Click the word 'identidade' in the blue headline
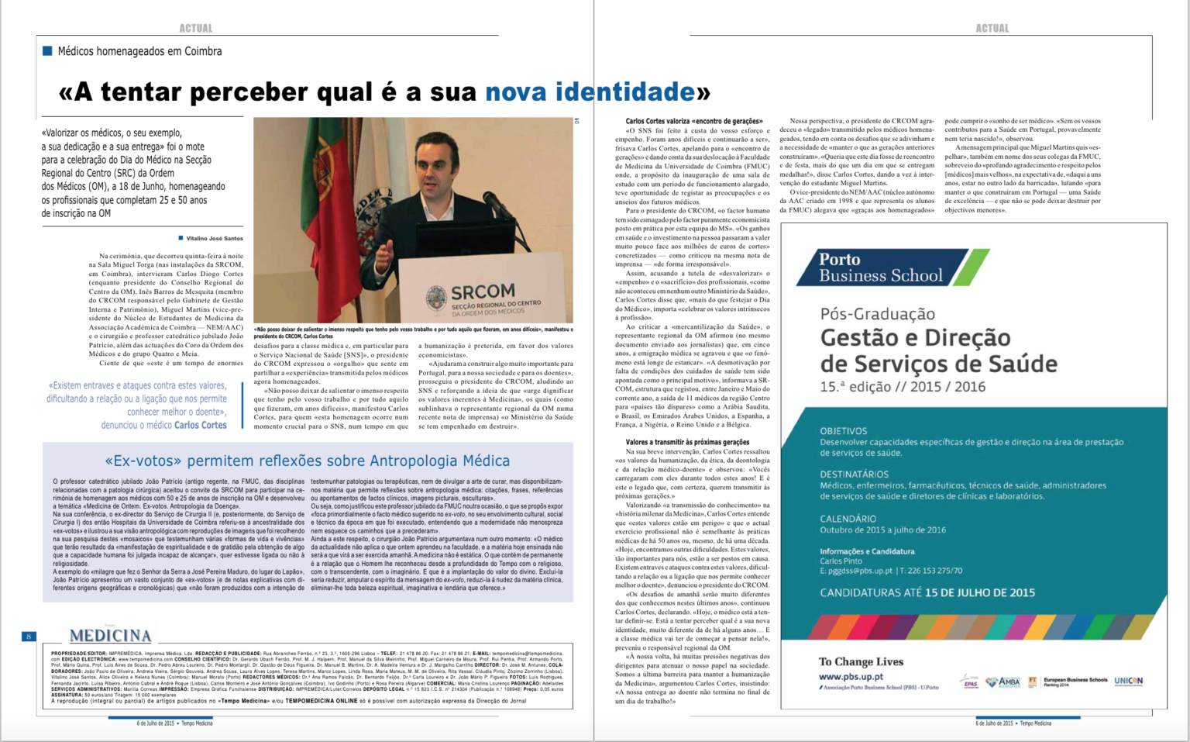(624, 92)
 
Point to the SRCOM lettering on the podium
(483, 292)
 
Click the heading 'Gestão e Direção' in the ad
(915, 338)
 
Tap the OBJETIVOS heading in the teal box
(844, 431)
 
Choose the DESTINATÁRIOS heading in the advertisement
(855, 474)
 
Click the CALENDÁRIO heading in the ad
(848, 519)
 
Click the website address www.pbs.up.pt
(851, 676)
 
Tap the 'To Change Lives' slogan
(861, 661)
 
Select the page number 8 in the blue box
(29, 637)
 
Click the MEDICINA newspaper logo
(111, 636)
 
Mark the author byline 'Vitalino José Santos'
(215, 239)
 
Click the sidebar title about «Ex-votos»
(307, 461)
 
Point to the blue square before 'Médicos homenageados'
(47, 51)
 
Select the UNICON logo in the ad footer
(1128, 681)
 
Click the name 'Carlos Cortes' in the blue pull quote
(201, 425)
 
